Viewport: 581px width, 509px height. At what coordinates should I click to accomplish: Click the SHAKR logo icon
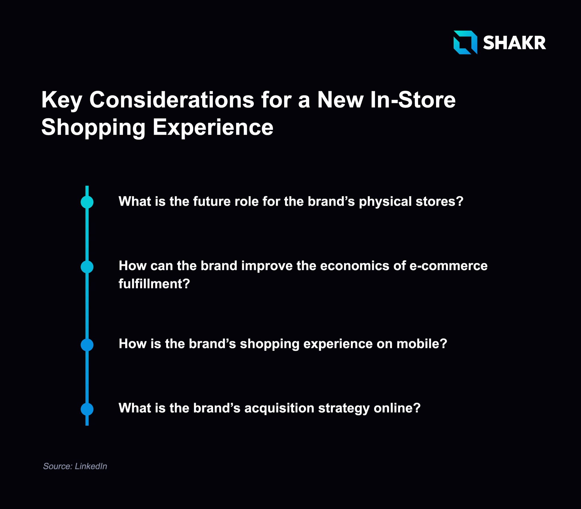coord(465,42)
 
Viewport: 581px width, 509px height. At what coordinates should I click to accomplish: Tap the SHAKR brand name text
coord(514,43)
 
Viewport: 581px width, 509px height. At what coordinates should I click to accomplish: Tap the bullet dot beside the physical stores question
coord(87,202)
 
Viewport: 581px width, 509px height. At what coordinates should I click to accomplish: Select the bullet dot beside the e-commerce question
coord(87,267)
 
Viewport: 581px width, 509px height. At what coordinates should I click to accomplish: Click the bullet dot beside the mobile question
coord(87,345)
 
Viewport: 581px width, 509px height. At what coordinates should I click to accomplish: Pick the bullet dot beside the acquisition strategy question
coord(87,409)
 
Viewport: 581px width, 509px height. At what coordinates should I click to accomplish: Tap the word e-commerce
coord(449,266)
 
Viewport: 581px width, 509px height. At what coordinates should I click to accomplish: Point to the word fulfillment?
coord(154,283)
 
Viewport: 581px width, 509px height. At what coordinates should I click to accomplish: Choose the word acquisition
coord(279,408)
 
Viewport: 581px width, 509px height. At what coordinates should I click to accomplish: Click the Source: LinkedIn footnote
coord(75,466)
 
